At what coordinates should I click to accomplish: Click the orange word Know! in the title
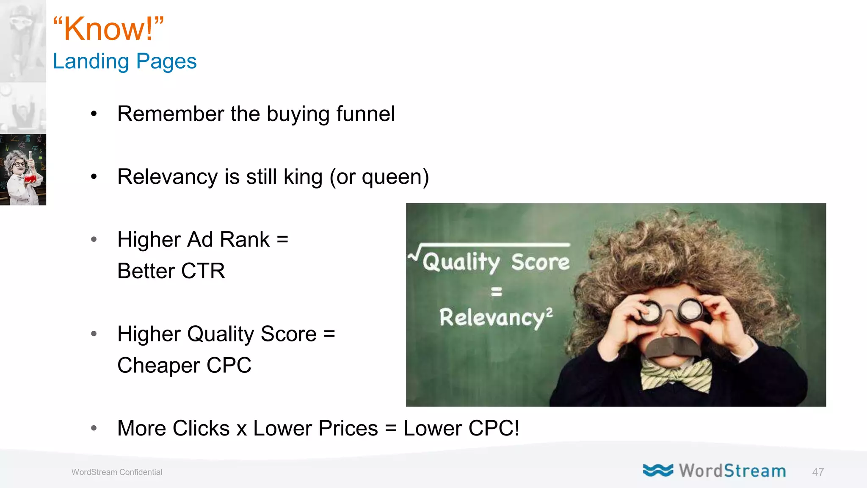click(108, 29)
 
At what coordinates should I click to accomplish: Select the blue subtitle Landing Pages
click(124, 61)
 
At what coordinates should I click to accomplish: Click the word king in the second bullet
click(303, 177)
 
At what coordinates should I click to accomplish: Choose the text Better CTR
click(171, 271)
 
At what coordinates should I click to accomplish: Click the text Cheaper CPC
click(184, 365)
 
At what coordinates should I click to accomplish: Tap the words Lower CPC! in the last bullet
click(461, 428)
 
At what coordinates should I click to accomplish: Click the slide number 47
click(817, 472)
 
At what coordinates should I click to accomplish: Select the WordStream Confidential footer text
click(117, 472)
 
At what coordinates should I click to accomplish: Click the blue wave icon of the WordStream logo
click(657, 470)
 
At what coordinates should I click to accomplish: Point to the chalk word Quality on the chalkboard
click(461, 262)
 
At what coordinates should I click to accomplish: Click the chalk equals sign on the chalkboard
click(496, 291)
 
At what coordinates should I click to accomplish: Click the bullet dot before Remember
click(94, 114)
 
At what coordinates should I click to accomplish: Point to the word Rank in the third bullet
click(245, 239)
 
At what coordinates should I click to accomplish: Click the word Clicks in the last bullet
click(201, 428)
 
